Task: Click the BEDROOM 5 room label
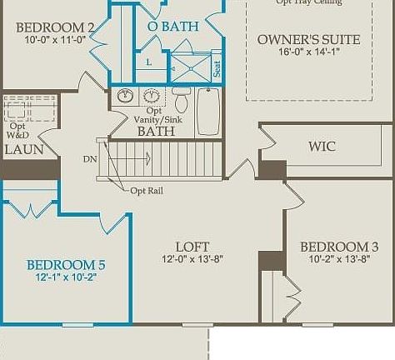point(66,265)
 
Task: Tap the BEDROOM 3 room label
point(333,247)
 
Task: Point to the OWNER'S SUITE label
point(308,39)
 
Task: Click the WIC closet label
point(322,147)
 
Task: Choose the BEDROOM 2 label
point(55,27)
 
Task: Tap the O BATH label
point(172,27)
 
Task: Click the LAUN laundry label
point(23,150)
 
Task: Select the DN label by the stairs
point(90,158)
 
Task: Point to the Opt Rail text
point(148,191)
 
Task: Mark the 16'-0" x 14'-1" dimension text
point(308,52)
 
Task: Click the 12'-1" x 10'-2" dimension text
point(66,277)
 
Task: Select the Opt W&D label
point(17,131)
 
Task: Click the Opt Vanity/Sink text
point(154,116)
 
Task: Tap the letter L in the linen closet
point(148,62)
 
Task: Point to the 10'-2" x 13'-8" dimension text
point(333,259)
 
